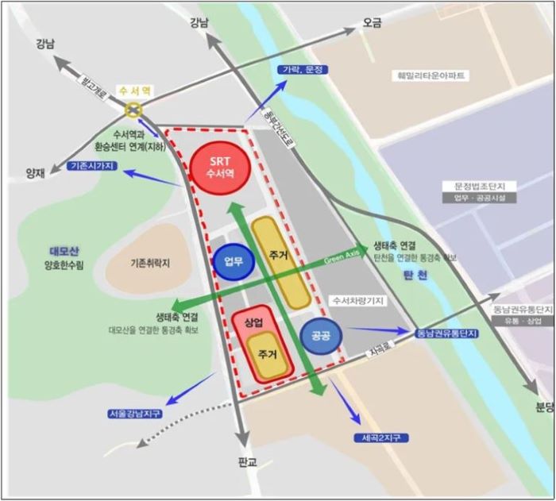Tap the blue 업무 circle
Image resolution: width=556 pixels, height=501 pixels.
click(x=233, y=260)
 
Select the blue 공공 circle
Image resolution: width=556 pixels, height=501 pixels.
click(x=321, y=335)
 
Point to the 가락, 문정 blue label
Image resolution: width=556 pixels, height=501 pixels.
click(x=303, y=70)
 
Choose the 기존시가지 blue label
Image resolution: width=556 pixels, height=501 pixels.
click(x=93, y=165)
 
